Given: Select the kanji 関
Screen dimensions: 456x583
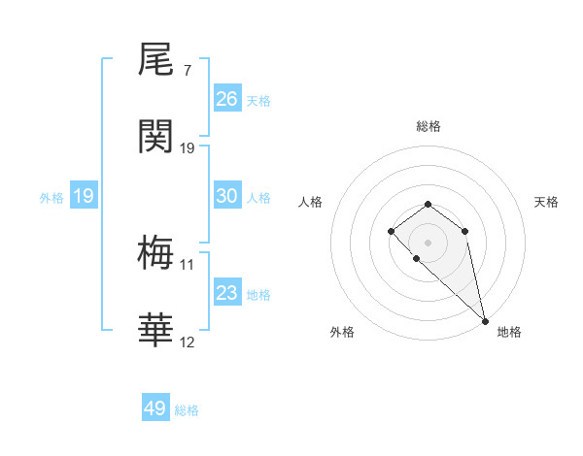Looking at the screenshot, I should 156,137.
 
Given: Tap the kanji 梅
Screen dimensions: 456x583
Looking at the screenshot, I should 156,254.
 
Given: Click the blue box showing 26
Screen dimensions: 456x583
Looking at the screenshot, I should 227,99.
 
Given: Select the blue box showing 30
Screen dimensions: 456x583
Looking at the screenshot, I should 227,196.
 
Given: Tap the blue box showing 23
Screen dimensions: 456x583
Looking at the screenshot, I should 227,293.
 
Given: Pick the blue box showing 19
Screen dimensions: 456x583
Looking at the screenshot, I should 84,196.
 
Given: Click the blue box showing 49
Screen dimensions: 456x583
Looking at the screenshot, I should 155,408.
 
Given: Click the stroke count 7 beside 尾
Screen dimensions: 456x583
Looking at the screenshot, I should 187,71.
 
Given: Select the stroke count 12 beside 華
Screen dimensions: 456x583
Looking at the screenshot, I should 187,342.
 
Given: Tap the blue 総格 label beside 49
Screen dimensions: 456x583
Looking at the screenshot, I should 187,410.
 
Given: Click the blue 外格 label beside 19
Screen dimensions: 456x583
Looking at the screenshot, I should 51,198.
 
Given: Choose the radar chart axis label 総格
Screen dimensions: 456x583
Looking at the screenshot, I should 428,126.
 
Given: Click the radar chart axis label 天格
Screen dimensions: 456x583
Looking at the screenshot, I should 546,202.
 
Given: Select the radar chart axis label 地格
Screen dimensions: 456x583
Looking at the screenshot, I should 509,332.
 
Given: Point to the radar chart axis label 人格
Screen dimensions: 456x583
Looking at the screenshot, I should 310,202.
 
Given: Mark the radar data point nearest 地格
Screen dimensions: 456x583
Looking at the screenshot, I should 485,320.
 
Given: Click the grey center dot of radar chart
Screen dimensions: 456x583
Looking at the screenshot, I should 428,242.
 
